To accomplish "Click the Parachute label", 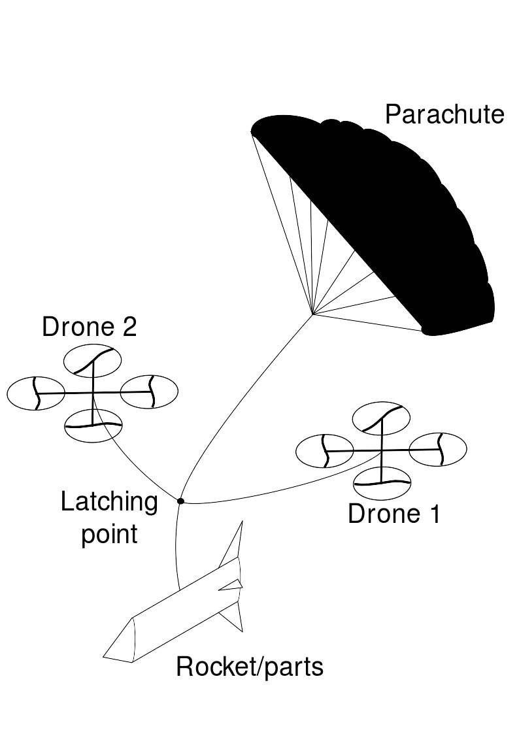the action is (x=444, y=115).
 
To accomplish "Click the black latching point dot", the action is (x=181, y=501).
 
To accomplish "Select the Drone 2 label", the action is (x=90, y=327).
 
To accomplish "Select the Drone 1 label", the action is (x=394, y=514).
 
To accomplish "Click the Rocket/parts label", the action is (x=250, y=667).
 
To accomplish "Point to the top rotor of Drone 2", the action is (x=93, y=361).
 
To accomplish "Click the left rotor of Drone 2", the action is (x=36, y=393).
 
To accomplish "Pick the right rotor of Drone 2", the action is (x=149, y=392).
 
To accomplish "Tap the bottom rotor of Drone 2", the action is (x=93, y=425).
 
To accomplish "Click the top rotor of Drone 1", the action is (x=381, y=418).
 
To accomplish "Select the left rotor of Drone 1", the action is (x=325, y=451).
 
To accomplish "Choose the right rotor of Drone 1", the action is (x=438, y=450).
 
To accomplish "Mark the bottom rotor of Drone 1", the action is (x=382, y=482).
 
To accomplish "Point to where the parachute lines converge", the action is (x=312, y=314).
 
